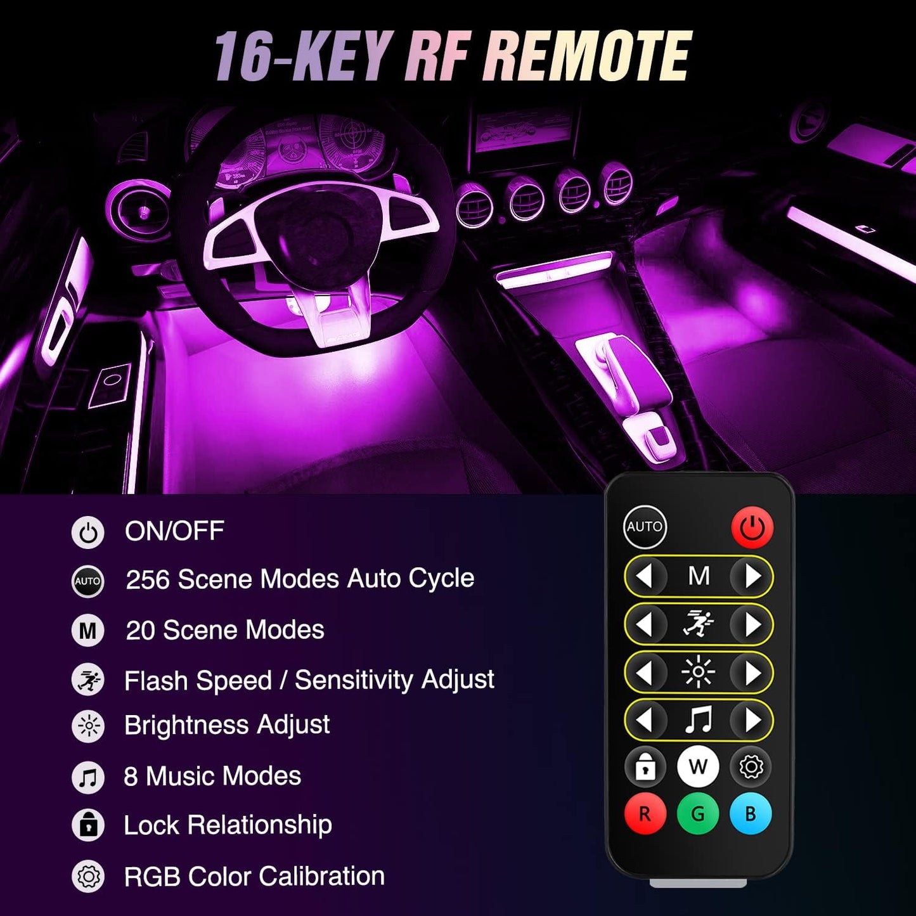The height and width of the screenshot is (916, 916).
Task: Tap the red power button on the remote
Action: click(x=752, y=527)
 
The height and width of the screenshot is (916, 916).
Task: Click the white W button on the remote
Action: click(x=698, y=766)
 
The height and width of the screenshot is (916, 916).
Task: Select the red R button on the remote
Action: click(x=645, y=813)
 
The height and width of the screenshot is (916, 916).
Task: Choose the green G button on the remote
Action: click(x=698, y=813)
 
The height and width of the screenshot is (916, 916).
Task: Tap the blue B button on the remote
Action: click(x=751, y=813)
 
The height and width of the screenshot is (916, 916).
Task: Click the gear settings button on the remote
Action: click(x=751, y=767)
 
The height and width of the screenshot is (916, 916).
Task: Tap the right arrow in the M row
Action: click(x=752, y=576)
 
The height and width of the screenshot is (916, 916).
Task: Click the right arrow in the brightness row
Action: click(x=752, y=673)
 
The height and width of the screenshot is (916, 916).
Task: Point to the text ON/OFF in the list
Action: click(x=174, y=531)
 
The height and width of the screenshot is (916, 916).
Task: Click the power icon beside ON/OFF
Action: click(x=88, y=532)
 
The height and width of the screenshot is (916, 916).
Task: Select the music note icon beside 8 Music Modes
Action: click(x=88, y=777)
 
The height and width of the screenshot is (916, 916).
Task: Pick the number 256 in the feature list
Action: click(x=148, y=579)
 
